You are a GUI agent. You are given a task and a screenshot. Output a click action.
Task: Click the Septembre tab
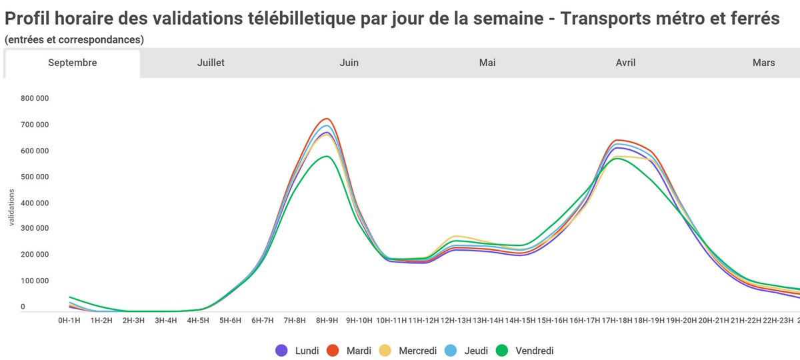(73, 63)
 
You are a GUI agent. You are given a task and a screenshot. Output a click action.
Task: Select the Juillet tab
(211, 63)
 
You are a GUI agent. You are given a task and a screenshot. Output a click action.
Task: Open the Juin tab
(349, 63)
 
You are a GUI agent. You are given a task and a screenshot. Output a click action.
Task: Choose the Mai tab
(487, 63)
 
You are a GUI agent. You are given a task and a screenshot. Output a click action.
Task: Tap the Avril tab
(625, 63)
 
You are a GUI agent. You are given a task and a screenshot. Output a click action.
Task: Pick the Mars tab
(763, 63)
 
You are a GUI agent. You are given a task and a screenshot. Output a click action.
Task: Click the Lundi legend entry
(297, 350)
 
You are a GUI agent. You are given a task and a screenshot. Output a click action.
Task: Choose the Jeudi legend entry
(476, 350)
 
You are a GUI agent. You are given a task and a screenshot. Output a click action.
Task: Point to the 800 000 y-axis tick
(35, 99)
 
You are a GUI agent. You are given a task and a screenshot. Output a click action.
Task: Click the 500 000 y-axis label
(35, 177)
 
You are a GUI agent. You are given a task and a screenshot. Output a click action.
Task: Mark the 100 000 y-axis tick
(35, 281)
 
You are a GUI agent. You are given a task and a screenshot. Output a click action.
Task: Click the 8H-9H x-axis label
(327, 321)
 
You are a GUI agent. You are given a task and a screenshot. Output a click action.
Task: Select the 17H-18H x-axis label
(617, 321)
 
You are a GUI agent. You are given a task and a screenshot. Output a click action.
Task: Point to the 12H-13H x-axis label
(456, 321)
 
